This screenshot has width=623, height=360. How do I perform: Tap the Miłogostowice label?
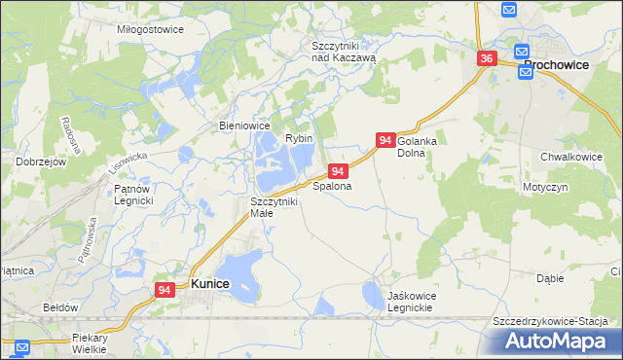[151, 30]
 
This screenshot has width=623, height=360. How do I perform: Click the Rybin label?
[299, 138]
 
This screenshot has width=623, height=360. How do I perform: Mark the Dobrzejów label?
[40, 162]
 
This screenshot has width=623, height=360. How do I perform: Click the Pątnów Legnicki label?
[133, 195]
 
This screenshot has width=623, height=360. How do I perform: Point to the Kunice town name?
[210, 283]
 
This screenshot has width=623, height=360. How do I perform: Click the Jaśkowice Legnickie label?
[401, 301]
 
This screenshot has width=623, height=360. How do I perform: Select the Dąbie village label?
[550, 277]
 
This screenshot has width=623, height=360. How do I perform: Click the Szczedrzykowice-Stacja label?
[550, 321]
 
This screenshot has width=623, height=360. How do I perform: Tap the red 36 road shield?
[488, 59]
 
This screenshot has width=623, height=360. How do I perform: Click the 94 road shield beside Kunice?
[165, 289]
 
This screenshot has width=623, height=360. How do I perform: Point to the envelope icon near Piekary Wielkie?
[21, 345]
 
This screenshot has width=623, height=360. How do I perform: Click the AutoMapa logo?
[561, 341]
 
